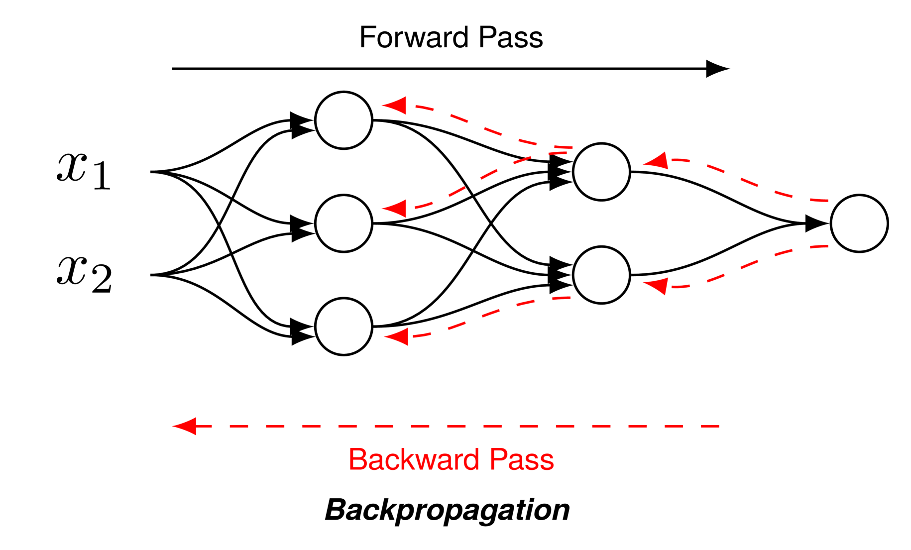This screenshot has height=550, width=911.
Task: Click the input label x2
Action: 84,274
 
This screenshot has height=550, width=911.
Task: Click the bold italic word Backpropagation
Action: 447,510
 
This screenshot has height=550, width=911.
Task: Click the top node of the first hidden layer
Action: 343,120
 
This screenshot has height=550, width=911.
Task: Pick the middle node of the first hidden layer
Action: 343,223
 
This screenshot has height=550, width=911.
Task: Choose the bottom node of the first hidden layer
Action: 343,327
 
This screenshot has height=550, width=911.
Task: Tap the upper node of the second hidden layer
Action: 601,172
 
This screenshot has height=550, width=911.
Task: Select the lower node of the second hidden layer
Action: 601,275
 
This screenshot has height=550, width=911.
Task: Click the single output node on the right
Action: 859,223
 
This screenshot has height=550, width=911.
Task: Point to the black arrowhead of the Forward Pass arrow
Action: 717,69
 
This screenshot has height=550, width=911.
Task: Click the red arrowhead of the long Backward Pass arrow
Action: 185,426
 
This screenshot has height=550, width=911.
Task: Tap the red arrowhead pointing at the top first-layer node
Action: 395,105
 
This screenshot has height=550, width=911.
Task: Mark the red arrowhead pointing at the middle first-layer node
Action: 395,208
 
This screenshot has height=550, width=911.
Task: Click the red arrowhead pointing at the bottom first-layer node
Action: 397,337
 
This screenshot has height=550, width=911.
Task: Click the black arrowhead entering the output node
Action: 816,223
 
